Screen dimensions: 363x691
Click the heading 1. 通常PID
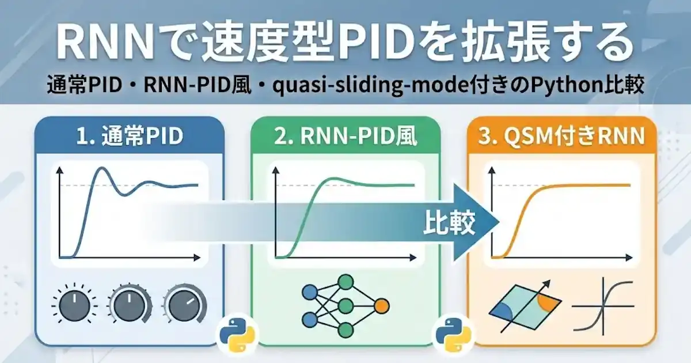pyautogui.click(x=128, y=137)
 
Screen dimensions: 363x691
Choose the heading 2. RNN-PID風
pyautogui.click(x=345, y=137)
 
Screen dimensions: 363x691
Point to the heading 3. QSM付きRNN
pyautogui.click(x=562, y=137)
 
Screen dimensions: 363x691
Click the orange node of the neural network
pyautogui.click(x=381, y=305)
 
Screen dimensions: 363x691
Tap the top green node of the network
pyautogui.click(x=345, y=282)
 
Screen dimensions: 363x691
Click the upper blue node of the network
pyautogui.click(x=310, y=293)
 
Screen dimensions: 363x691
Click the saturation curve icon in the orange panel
pyautogui.click(x=603, y=305)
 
